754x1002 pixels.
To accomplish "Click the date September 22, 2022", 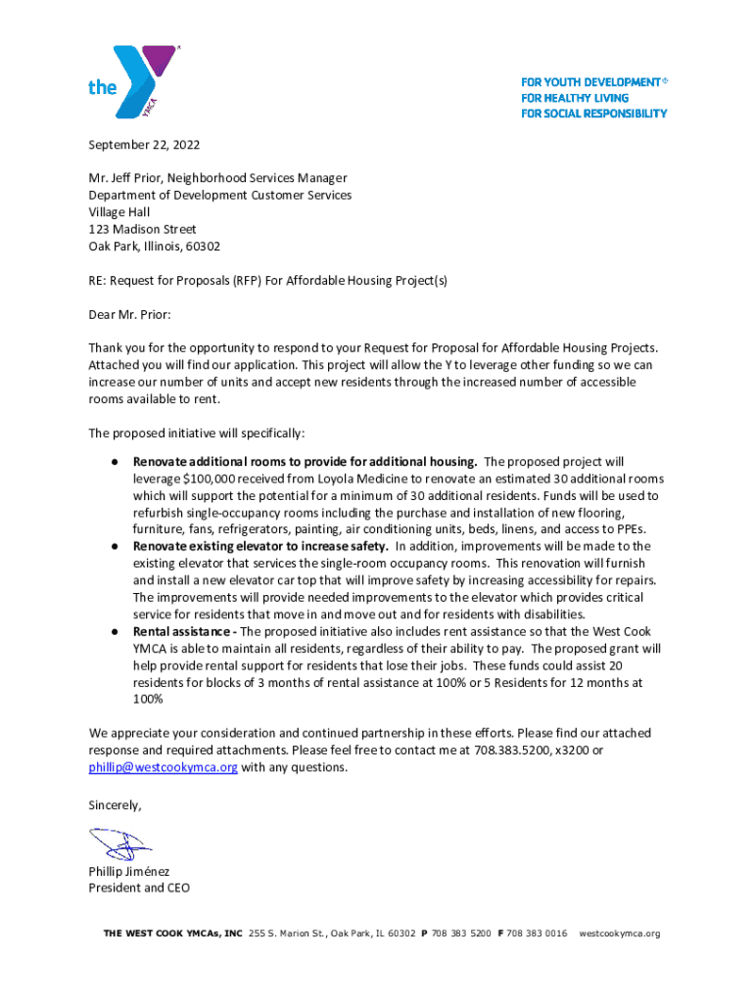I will pos(144,145).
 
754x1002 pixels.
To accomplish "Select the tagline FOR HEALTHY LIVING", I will pos(575,98).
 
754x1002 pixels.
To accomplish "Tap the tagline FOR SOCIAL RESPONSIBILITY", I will pos(593,114).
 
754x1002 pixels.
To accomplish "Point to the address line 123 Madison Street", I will pos(142,230).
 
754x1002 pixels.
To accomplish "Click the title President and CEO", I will pos(139,888).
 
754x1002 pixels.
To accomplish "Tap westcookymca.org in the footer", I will pos(619,934).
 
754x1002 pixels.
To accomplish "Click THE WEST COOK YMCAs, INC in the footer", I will pos(172,934).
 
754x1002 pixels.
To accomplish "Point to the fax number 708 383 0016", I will pos(537,934).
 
